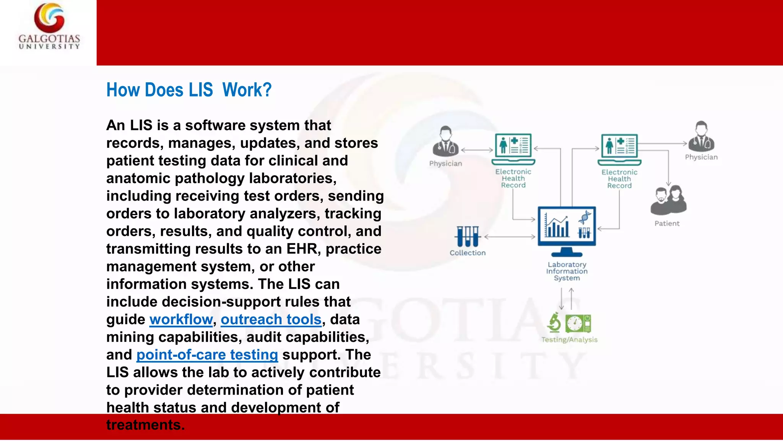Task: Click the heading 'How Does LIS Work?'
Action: [x=189, y=90]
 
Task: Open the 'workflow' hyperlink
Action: [x=181, y=319]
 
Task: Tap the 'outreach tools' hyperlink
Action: [x=271, y=319]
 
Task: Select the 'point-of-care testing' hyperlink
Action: [x=207, y=354]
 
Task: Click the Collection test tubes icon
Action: [x=467, y=236]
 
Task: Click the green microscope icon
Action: [x=554, y=322]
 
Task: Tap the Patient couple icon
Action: [x=668, y=200]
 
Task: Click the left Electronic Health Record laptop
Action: [x=513, y=149]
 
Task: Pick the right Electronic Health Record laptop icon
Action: [x=619, y=149]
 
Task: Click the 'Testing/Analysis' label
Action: [x=569, y=340]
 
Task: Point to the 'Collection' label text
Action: [x=467, y=253]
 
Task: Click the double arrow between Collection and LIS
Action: [x=510, y=237]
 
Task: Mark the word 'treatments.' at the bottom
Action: [x=145, y=425]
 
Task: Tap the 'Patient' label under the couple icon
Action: [x=667, y=224]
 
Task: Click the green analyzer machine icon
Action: [x=578, y=323]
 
